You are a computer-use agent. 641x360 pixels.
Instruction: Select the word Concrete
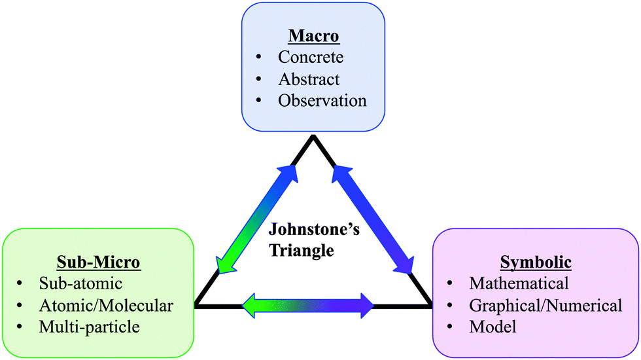[311, 57]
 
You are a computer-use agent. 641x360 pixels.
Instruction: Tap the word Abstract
[309, 79]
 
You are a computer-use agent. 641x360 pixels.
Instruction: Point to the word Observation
[322, 101]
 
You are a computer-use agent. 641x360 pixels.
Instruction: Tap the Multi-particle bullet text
[89, 327]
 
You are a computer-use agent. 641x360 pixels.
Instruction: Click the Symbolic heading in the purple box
[536, 262]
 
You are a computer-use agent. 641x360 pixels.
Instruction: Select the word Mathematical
[519, 283]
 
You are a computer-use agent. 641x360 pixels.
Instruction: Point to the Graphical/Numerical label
[546, 305]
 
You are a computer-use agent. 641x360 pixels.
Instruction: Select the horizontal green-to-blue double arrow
[307, 305]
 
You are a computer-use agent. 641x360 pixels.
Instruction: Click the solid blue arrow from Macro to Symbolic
[373, 219]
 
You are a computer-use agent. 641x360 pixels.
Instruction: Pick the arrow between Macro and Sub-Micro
[256, 219]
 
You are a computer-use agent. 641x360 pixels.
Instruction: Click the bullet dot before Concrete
[260, 58]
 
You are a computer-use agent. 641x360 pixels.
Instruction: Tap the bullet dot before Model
[451, 327]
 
